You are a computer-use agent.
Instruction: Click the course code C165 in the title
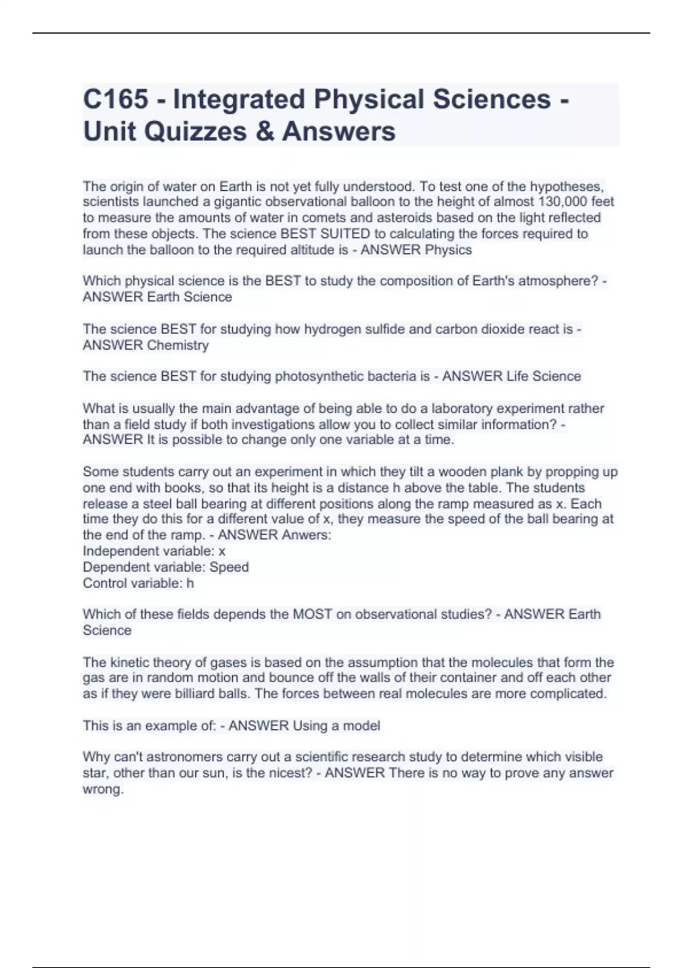[x=116, y=100]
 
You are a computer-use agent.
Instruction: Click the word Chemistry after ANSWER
[x=178, y=345]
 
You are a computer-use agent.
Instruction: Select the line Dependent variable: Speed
[x=166, y=567]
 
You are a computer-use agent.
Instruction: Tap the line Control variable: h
[x=138, y=583]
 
